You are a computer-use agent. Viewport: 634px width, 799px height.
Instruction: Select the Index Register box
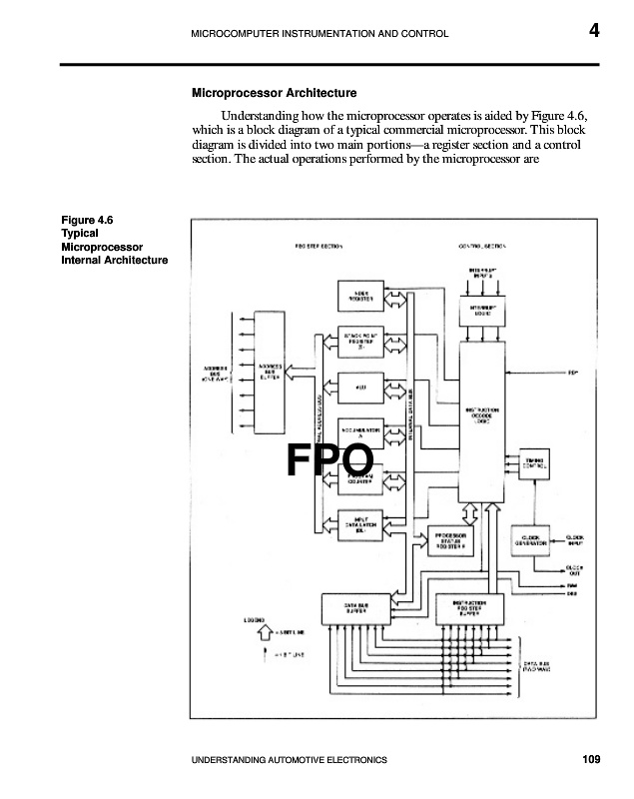tap(361, 297)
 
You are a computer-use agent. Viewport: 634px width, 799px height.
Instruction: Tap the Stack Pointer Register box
tap(361, 341)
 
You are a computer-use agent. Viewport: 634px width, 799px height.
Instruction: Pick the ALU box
tap(361, 386)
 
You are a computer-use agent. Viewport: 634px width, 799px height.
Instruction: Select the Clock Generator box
tap(530, 539)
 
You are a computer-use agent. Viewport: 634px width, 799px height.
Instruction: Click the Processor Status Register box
tap(455, 539)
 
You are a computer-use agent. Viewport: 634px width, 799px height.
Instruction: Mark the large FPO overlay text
tap(330, 459)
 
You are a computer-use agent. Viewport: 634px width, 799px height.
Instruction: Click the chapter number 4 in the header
tap(594, 31)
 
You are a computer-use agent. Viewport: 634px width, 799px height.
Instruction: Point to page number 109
tap(591, 761)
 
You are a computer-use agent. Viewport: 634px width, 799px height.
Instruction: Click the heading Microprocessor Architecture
tap(260, 93)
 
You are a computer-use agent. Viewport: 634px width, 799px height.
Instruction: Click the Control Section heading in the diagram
tap(484, 246)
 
